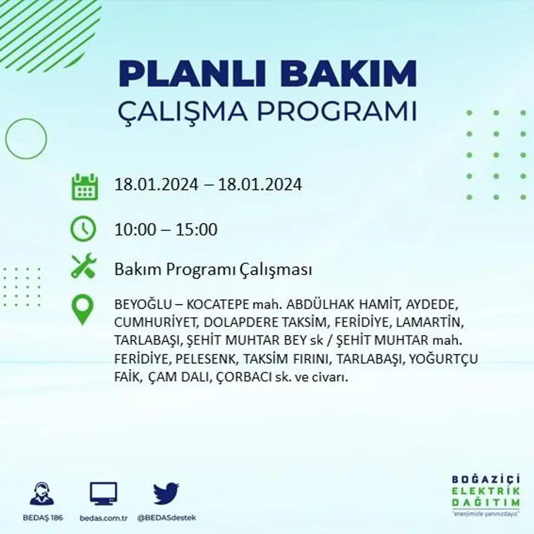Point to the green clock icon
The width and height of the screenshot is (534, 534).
83,229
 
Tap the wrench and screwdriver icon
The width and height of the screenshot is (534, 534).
84,266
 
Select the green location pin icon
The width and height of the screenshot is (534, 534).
83,309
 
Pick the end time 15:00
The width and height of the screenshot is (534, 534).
197,231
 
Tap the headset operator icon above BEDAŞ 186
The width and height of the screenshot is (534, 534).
42,494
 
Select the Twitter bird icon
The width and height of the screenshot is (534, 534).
166,493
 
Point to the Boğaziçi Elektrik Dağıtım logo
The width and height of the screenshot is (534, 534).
485,495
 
